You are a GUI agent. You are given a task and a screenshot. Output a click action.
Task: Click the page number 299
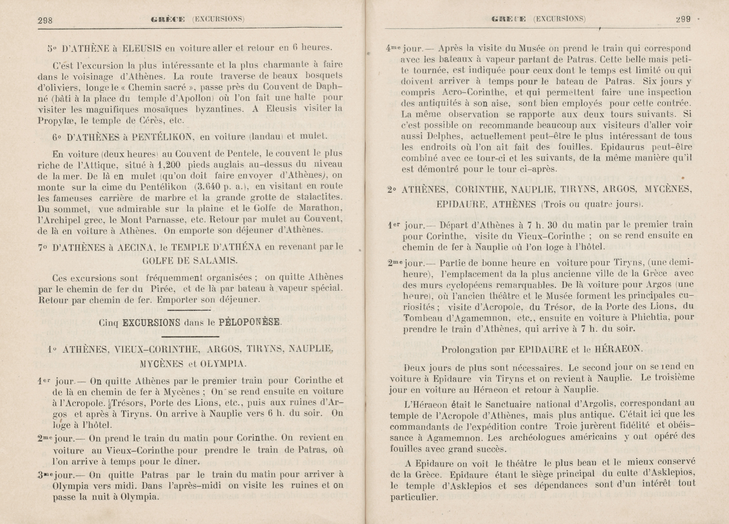683,19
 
